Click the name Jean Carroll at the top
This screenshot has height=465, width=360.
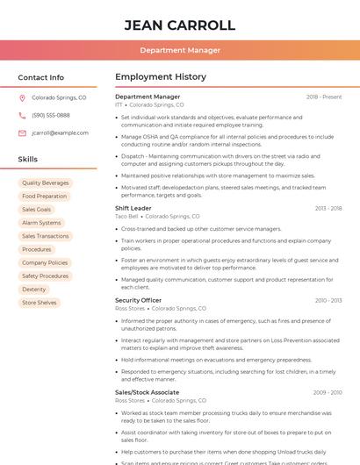click(x=180, y=25)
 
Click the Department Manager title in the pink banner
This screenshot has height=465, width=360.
click(x=180, y=50)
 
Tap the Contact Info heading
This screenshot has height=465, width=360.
click(x=41, y=77)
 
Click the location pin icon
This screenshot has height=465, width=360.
click(x=22, y=97)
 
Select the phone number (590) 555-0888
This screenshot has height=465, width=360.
click(x=51, y=115)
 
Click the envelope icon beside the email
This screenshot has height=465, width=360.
click(x=22, y=132)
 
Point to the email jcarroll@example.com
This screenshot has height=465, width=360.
click(x=60, y=132)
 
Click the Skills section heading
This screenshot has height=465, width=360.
click(x=28, y=160)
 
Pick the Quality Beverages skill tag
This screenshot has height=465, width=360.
click(x=46, y=183)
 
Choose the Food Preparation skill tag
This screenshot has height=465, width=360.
click(x=45, y=197)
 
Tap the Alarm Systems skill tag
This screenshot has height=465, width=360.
click(x=41, y=223)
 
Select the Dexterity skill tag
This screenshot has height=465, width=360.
click(x=34, y=290)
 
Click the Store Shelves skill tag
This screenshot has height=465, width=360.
click(x=40, y=303)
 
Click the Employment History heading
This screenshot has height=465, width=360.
click(x=161, y=77)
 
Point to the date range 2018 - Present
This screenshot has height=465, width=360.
click(x=324, y=97)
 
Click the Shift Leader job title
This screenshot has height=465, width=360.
click(x=133, y=208)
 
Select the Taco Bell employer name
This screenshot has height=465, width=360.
click(x=126, y=216)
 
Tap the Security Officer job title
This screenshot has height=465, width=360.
click(x=139, y=300)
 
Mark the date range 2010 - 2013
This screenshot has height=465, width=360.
click(x=328, y=300)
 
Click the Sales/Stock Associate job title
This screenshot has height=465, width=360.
click(x=147, y=392)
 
